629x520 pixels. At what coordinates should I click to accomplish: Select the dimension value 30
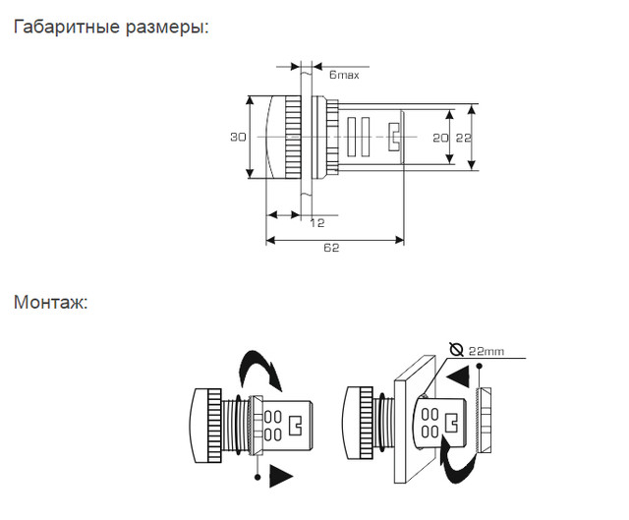[238, 138]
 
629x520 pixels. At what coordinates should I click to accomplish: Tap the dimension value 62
[331, 249]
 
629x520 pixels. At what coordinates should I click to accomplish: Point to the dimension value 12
[316, 224]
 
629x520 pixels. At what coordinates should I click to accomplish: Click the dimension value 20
[439, 138]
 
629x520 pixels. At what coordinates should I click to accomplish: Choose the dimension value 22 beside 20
[463, 138]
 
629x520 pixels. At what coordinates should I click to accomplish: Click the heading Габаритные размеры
[111, 28]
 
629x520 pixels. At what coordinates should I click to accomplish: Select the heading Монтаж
[50, 302]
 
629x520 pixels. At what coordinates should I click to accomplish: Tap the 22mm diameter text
[489, 351]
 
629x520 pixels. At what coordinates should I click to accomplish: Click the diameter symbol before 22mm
[456, 349]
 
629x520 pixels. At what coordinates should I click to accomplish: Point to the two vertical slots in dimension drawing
[358, 137]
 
